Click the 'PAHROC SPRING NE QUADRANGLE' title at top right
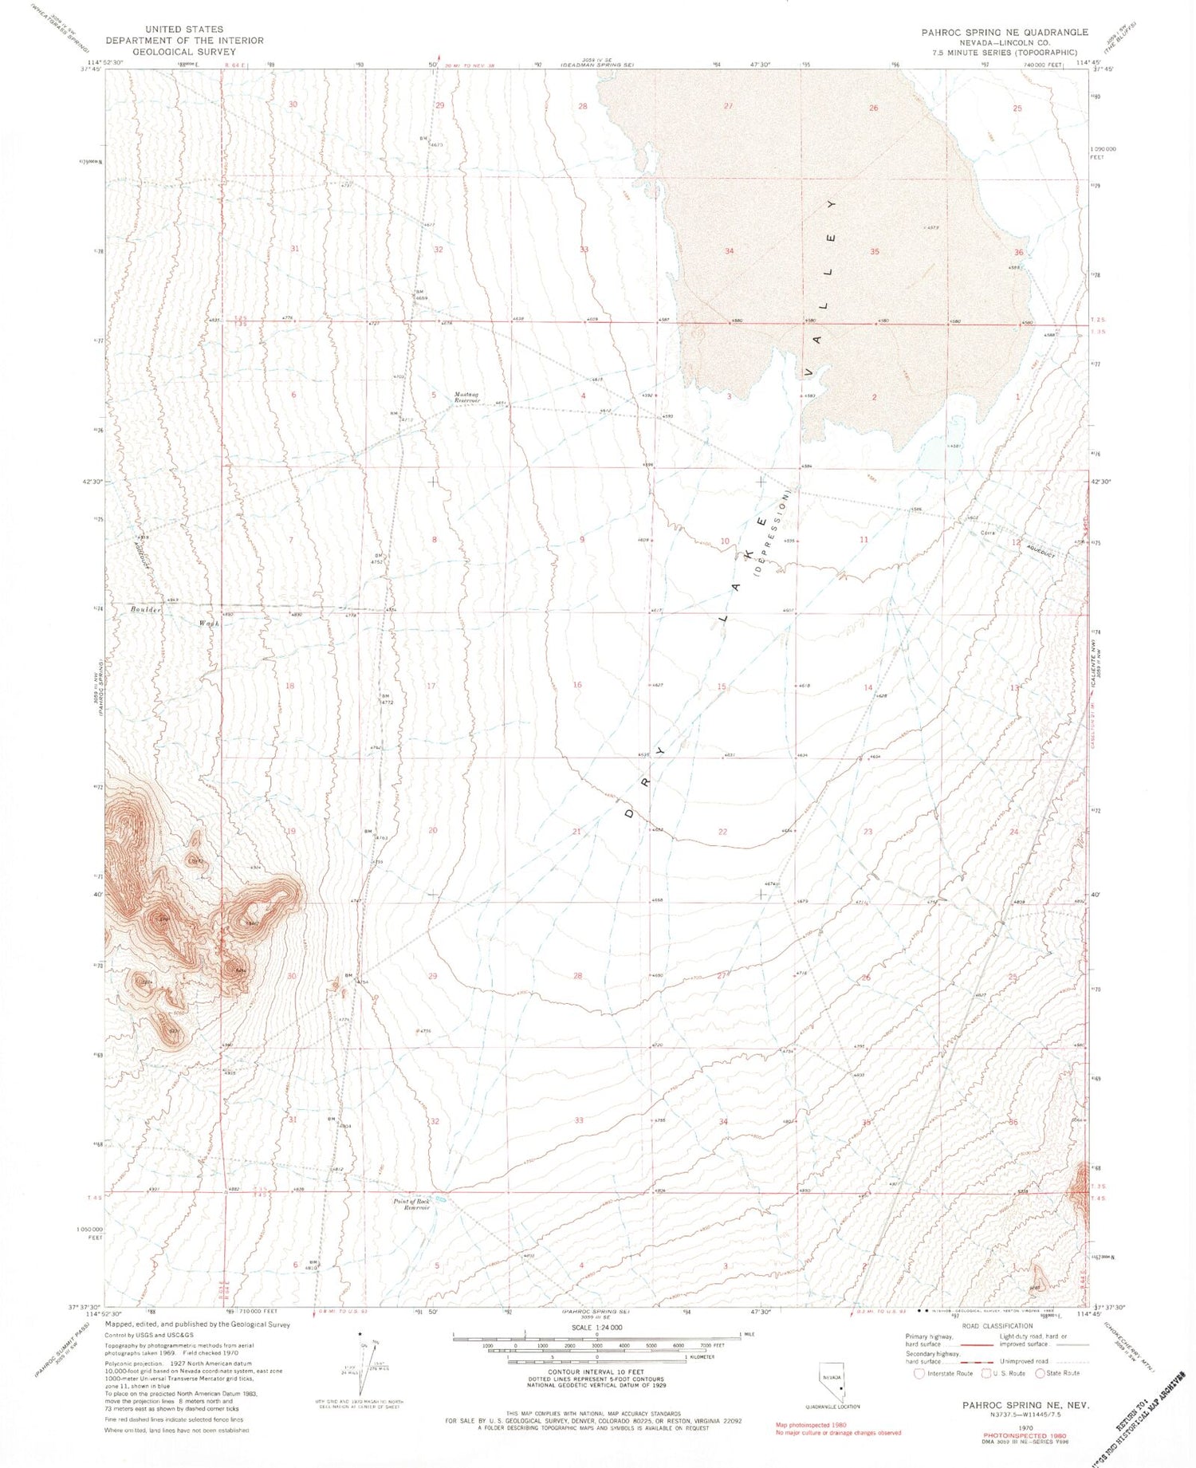(1004, 32)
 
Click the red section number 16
(577, 685)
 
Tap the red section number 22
(722, 832)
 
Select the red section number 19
(291, 831)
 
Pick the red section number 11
(864, 540)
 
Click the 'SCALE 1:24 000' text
(596, 1328)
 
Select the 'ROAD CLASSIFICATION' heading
(997, 1326)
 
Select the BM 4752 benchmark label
(377, 558)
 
